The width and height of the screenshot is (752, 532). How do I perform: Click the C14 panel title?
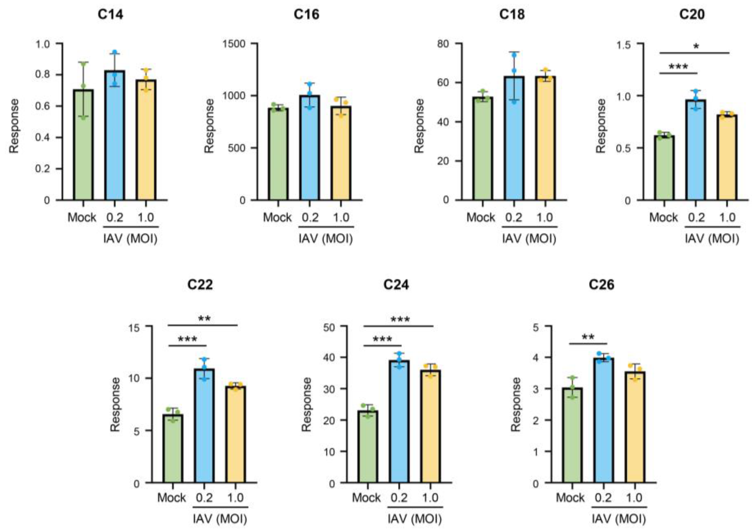point(111,15)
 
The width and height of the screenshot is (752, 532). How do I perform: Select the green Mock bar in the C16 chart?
point(277,154)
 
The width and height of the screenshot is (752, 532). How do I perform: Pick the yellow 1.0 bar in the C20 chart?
point(726,157)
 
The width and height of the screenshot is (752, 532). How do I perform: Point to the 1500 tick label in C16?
point(234,44)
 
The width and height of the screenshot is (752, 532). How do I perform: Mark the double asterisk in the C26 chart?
point(588,338)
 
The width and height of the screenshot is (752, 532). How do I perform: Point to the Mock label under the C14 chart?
point(82,217)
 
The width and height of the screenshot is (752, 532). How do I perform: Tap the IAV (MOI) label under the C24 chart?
point(415,519)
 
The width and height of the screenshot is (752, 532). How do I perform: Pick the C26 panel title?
point(601,285)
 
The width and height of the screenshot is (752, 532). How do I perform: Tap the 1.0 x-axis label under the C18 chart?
point(545,217)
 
